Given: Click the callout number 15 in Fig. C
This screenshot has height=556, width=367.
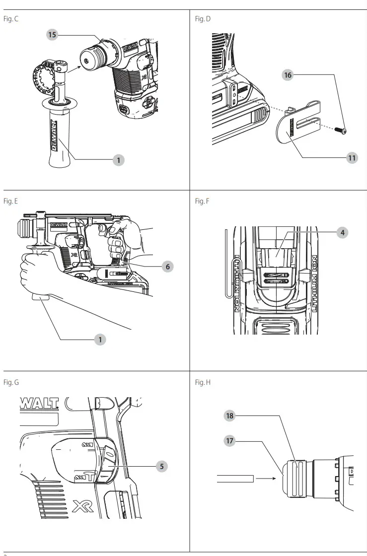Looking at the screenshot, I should [x=52, y=34].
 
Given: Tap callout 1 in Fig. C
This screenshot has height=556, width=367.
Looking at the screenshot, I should [x=118, y=160].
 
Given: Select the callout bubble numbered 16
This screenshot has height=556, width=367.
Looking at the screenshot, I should [x=288, y=75].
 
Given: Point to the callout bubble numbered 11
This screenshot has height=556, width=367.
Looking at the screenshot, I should [x=352, y=158].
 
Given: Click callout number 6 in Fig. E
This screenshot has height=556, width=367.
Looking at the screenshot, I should [x=168, y=267].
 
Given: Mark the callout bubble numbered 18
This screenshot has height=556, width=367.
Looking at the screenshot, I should [x=229, y=416].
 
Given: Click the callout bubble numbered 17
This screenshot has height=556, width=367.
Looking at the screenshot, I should [x=229, y=440].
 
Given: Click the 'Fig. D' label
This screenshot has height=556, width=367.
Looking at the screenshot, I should [x=203, y=19].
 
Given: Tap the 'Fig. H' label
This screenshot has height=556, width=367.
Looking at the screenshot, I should [x=203, y=382].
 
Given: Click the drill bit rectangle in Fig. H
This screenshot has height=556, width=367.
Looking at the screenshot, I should [x=235, y=479].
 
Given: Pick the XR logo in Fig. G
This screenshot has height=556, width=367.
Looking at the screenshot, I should [x=83, y=506].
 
